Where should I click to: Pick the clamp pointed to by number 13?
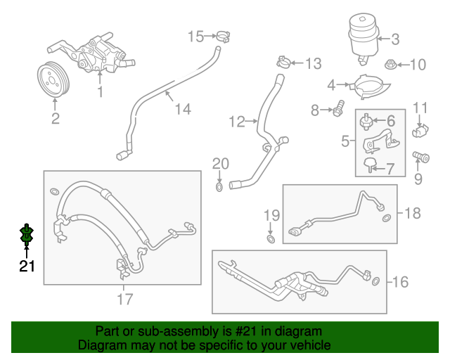pyautogui.click(x=281, y=61)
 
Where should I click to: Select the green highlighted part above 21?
pyautogui.click(x=27, y=237)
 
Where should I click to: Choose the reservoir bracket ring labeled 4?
pyautogui.click(x=366, y=88)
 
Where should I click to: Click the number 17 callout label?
pyautogui.click(x=124, y=299)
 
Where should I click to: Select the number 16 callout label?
pyautogui.click(x=400, y=283)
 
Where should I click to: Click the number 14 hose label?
pyautogui.click(x=183, y=109)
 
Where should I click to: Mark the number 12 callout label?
pyautogui.click(x=236, y=122)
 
